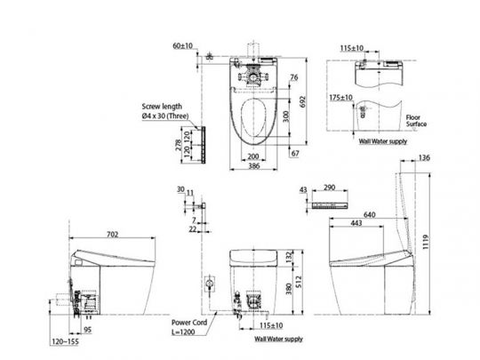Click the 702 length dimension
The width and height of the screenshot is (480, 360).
114,235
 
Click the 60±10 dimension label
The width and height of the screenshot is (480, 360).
184,44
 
